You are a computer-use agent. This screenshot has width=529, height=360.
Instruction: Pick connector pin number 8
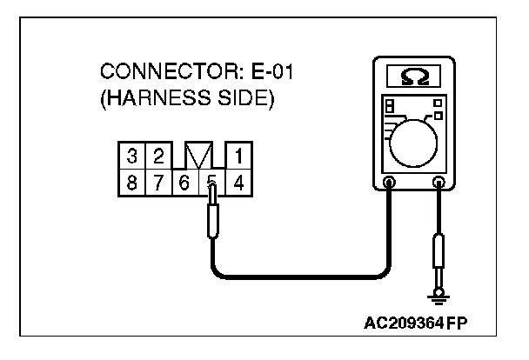pos(131,183)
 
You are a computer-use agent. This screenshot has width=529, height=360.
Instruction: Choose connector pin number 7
pos(158,183)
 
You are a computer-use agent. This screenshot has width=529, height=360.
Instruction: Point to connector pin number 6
pos(184,183)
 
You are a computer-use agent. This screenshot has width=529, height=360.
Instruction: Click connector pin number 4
pos(238,183)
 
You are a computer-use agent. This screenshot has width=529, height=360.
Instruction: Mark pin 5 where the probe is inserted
pos(211,183)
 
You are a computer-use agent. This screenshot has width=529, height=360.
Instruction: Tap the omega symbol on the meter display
pos(413,77)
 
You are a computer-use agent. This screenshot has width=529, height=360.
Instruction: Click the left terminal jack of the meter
pos(389,183)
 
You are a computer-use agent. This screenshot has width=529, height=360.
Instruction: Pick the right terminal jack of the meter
pos(439,183)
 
